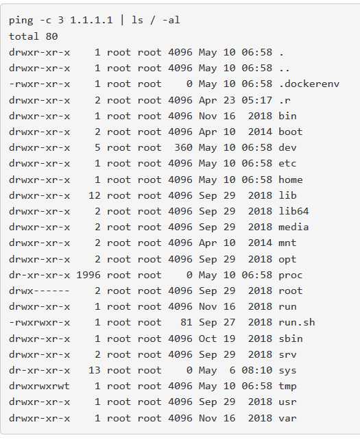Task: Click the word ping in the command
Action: pyautogui.click(x=21, y=21)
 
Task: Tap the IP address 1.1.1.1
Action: pyautogui.click(x=91, y=20)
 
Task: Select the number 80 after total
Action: pyautogui.click(x=51, y=36)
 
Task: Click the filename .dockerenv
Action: pyautogui.click(x=309, y=84)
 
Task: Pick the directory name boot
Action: pyautogui.click(x=290, y=132)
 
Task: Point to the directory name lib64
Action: pyautogui.click(x=293, y=211)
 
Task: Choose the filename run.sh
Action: pyautogui.click(x=297, y=322)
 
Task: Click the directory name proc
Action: pyautogui.click(x=290, y=275)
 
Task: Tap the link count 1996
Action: pyautogui.click(x=88, y=275)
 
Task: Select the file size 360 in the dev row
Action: pyautogui.click(x=183, y=147)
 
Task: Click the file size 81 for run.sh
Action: pyautogui.click(x=187, y=322)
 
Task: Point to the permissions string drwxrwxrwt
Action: pyautogui.click(x=39, y=386)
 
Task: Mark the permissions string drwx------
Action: pyautogui.click(x=39, y=291)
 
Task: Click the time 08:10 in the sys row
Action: pyautogui.click(x=257, y=370)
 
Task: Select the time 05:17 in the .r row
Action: pyautogui.click(x=257, y=100)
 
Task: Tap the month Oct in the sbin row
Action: pyautogui.click(x=208, y=339)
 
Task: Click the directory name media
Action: pyautogui.click(x=293, y=227)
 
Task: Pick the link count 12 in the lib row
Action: pyautogui.click(x=94, y=195)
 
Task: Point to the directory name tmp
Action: pyautogui.click(x=287, y=386)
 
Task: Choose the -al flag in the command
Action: pyautogui.click(x=171, y=20)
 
